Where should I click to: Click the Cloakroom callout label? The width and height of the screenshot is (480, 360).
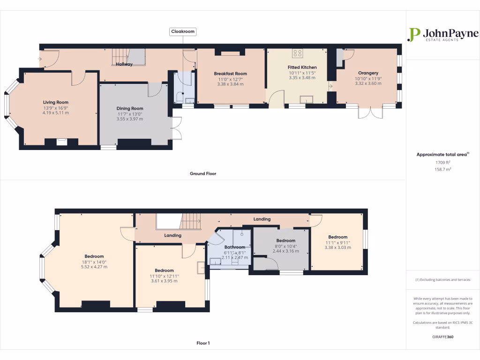[x=183, y=31]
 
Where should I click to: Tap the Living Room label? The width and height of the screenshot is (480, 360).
[x=56, y=102]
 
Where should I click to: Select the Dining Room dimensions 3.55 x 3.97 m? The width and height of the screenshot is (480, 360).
[x=130, y=119]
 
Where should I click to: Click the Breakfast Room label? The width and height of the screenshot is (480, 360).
[x=230, y=74]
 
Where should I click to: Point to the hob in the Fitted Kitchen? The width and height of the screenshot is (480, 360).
[x=298, y=53]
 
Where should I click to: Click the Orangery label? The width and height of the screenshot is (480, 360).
[x=368, y=73]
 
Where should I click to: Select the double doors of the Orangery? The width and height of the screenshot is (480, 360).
[x=370, y=113]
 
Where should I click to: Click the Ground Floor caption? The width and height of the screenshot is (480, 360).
[x=202, y=173]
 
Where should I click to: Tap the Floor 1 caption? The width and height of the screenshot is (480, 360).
[x=202, y=343]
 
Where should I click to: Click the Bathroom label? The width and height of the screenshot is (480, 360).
[x=234, y=247]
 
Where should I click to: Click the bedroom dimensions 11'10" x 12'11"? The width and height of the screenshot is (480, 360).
[x=164, y=276]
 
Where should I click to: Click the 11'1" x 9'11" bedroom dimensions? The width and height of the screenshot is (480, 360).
[x=337, y=242]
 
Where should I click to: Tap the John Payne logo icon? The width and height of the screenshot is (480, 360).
[x=413, y=35]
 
